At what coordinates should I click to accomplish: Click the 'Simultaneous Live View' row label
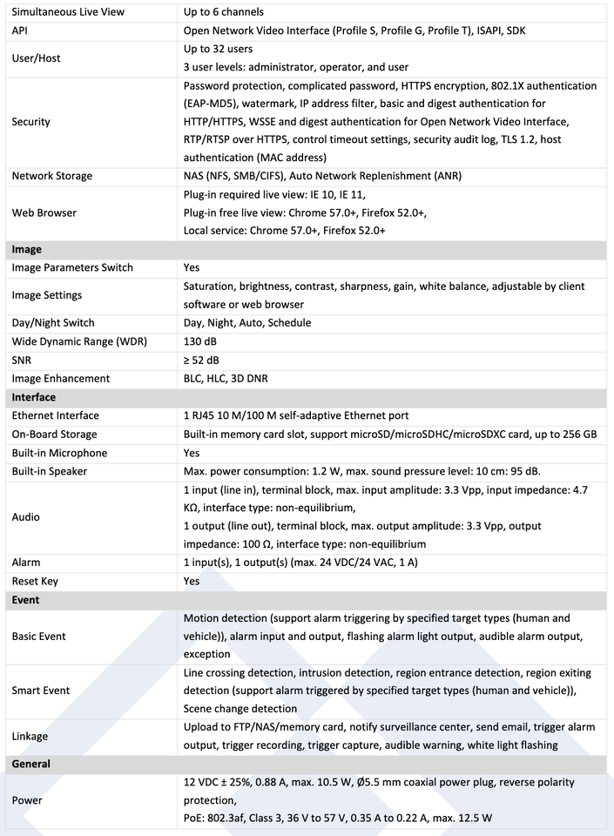[x=68, y=12]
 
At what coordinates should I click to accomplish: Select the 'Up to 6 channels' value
[x=224, y=12]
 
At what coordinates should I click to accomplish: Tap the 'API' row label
[x=20, y=30]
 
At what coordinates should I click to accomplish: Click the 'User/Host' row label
[x=36, y=58]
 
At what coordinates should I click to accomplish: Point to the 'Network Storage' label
[x=51, y=176]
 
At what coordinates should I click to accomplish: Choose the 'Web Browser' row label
[x=44, y=212]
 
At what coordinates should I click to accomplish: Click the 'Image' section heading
[x=26, y=249]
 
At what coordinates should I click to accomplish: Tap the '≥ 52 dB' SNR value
[x=201, y=360]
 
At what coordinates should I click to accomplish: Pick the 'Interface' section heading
[x=33, y=397]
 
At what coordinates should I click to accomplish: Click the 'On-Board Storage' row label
[x=54, y=434]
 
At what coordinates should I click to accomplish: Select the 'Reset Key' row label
[x=35, y=581]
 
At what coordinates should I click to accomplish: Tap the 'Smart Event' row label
[x=41, y=691]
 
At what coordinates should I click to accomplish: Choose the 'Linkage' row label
[x=30, y=736]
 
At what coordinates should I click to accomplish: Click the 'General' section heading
[x=30, y=764]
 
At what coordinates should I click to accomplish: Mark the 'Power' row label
[x=26, y=799]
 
